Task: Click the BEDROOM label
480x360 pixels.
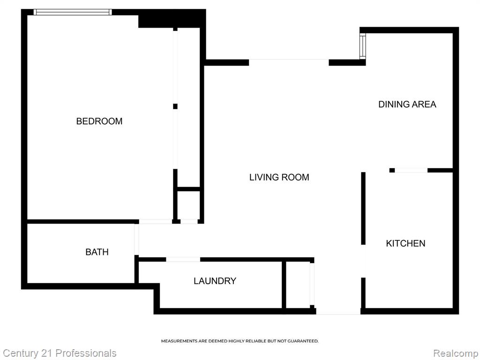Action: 99,121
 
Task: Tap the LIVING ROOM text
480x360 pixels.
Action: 279,177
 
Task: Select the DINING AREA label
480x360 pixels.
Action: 407,105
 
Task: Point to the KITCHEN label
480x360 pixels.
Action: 405,243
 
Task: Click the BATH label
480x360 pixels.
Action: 97,252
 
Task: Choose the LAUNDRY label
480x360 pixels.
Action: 215,281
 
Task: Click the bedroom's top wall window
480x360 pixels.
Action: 73,12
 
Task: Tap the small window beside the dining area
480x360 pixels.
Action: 363,46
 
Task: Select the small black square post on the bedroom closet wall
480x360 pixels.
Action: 175,106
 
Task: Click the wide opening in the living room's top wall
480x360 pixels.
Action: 289,62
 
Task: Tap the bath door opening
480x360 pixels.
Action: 136,240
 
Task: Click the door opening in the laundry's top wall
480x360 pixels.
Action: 183,260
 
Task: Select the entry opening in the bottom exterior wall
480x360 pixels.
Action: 338,311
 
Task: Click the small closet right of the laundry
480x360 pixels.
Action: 298,285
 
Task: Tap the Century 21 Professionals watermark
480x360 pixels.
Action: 60,353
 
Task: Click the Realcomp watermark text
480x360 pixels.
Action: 456,353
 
